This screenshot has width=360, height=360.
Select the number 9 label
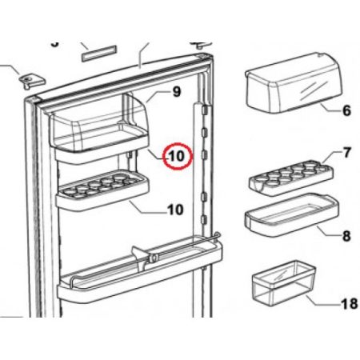click(177, 92)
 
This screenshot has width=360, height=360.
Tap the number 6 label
click(346, 112)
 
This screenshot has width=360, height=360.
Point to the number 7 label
click(346, 152)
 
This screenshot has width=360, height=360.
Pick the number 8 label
click(346, 236)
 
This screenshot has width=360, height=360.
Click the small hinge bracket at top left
click(31, 81)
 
